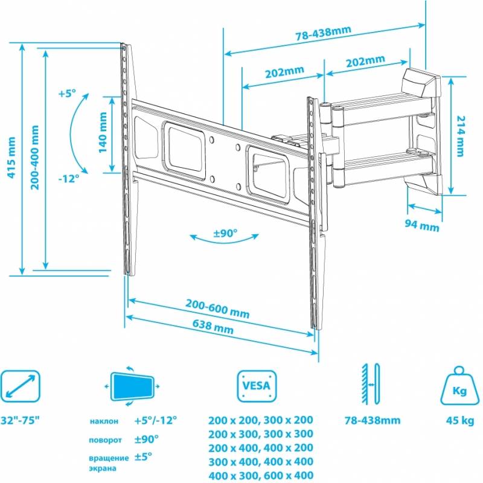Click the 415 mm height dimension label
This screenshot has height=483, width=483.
point(11,158)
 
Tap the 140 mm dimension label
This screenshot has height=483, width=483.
point(103,132)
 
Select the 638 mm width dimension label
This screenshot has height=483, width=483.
point(213,327)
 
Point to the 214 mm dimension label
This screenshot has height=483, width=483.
point(460,136)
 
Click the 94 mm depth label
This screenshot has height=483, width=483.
point(421,225)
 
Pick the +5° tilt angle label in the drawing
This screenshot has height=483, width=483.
point(67,93)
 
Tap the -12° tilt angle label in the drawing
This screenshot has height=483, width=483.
point(69,178)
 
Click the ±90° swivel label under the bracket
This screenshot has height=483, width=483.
point(225,233)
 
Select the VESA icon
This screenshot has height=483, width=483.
point(257,386)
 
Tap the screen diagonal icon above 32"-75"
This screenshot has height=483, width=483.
point(21,386)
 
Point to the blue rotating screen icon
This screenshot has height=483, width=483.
point(132,386)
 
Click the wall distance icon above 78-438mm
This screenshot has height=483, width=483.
point(371,384)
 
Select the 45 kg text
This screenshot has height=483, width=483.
point(460,420)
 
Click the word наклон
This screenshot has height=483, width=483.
point(104,421)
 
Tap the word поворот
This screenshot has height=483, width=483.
point(105,441)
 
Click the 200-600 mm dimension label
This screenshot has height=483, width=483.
point(217,309)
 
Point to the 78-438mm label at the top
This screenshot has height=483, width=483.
point(324,33)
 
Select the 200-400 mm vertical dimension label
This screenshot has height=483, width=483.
point(35,158)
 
